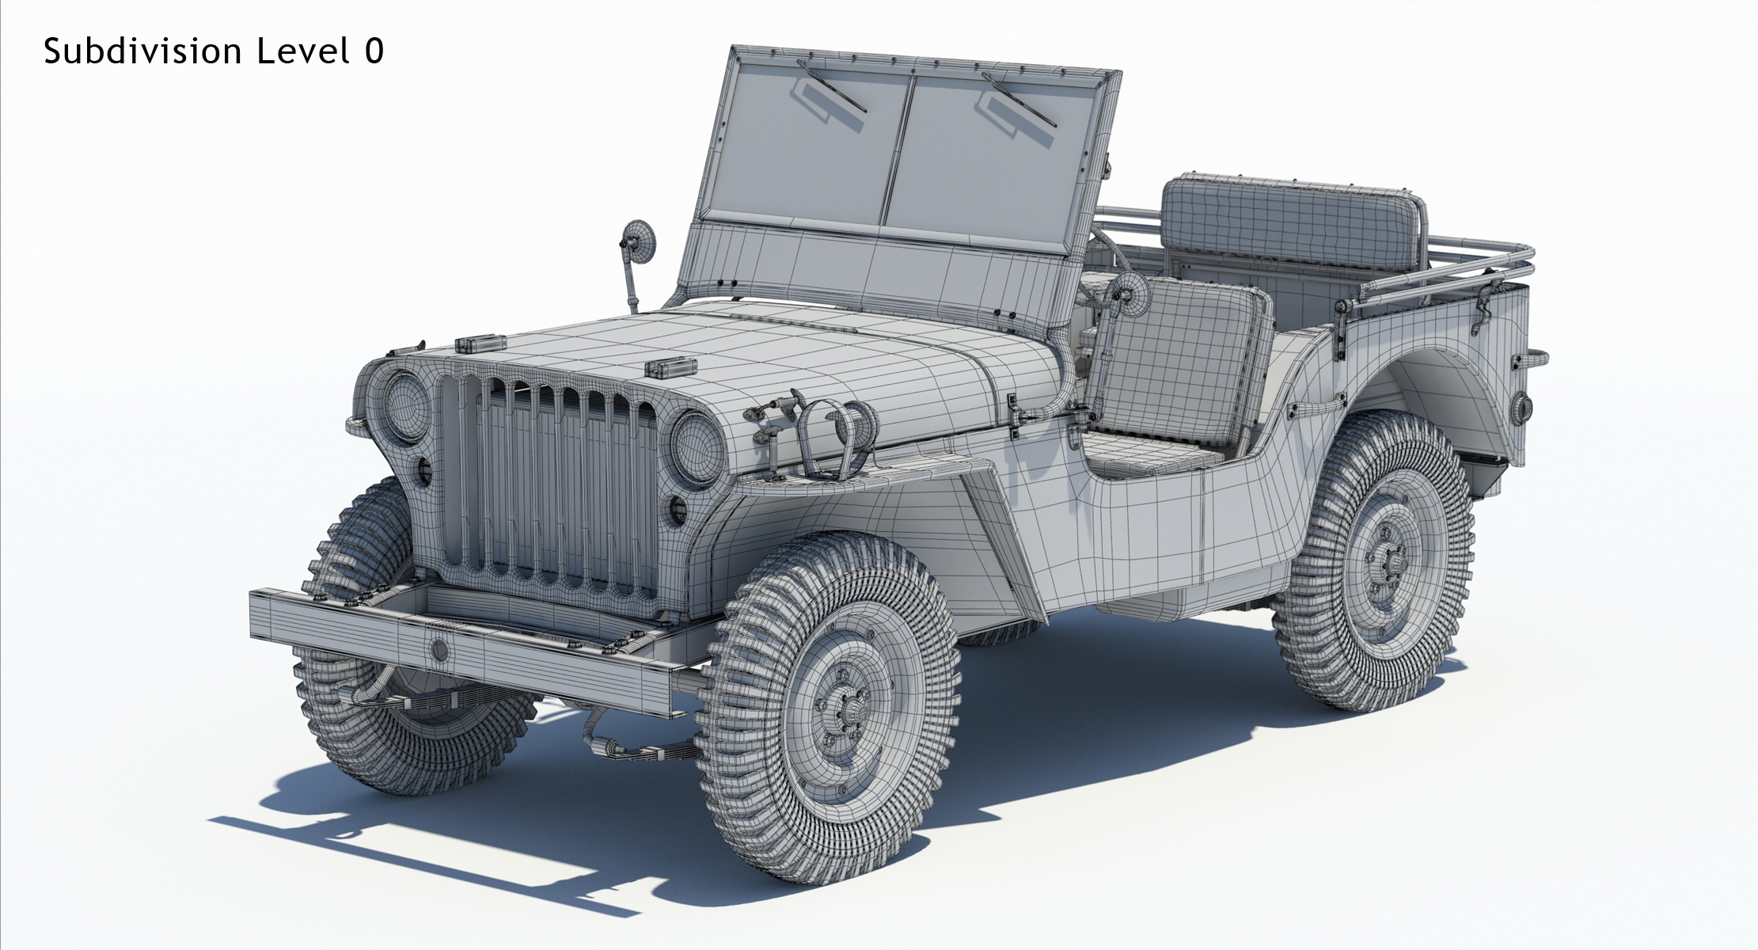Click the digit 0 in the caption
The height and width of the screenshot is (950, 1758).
tap(374, 51)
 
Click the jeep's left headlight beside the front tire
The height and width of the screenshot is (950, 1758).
tap(404, 406)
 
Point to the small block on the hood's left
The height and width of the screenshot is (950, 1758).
tap(480, 344)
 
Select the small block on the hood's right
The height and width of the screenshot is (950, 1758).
tap(670, 368)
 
